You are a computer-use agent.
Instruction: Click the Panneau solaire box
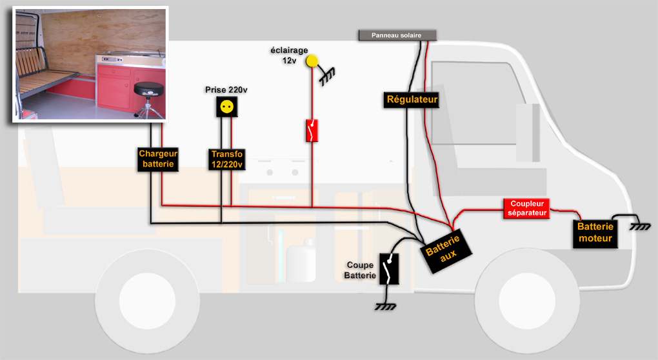[x=397, y=35]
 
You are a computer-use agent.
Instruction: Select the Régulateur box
[x=412, y=99]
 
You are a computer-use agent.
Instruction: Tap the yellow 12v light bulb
[x=312, y=61]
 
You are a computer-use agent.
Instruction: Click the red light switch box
[x=313, y=130]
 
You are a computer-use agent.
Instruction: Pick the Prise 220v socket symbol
[x=226, y=106]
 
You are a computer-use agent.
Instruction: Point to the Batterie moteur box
[x=595, y=234]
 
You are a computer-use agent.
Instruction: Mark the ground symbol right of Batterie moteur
[x=640, y=225]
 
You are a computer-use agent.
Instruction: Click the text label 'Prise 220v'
[x=226, y=89]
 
